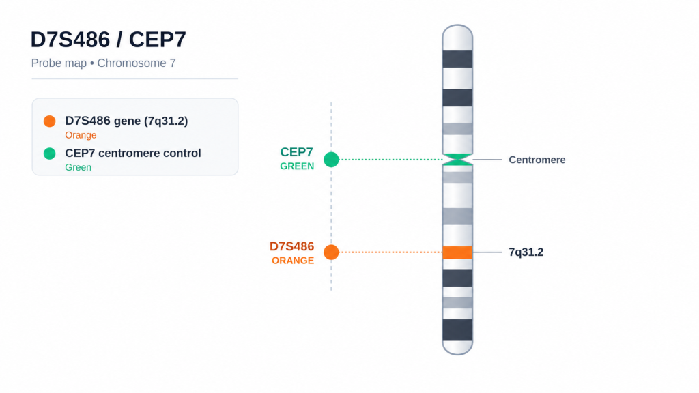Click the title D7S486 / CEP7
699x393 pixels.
click(109, 40)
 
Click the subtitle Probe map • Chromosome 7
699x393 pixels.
click(104, 63)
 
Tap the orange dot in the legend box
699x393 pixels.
click(49, 121)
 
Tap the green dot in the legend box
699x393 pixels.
click(49, 154)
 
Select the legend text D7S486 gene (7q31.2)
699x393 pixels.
click(126, 121)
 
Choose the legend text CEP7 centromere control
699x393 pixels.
click(133, 154)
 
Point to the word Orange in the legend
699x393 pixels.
click(81, 135)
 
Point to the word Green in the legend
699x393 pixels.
click(78, 168)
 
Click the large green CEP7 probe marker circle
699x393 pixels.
click(331, 160)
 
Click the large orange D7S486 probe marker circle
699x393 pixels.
click(331, 252)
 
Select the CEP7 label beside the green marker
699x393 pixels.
click(296, 152)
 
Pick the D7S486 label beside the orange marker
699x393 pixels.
click(291, 246)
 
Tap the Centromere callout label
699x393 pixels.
click(537, 160)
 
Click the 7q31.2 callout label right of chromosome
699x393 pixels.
click(526, 252)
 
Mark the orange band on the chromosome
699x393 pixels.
click(457, 252)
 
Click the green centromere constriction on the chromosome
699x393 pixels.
click(457, 160)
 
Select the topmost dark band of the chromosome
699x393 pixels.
click(457, 59)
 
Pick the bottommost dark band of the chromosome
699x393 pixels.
click(457, 330)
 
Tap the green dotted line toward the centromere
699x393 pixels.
click(391, 160)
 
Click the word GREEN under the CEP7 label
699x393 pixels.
click(297, 166)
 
